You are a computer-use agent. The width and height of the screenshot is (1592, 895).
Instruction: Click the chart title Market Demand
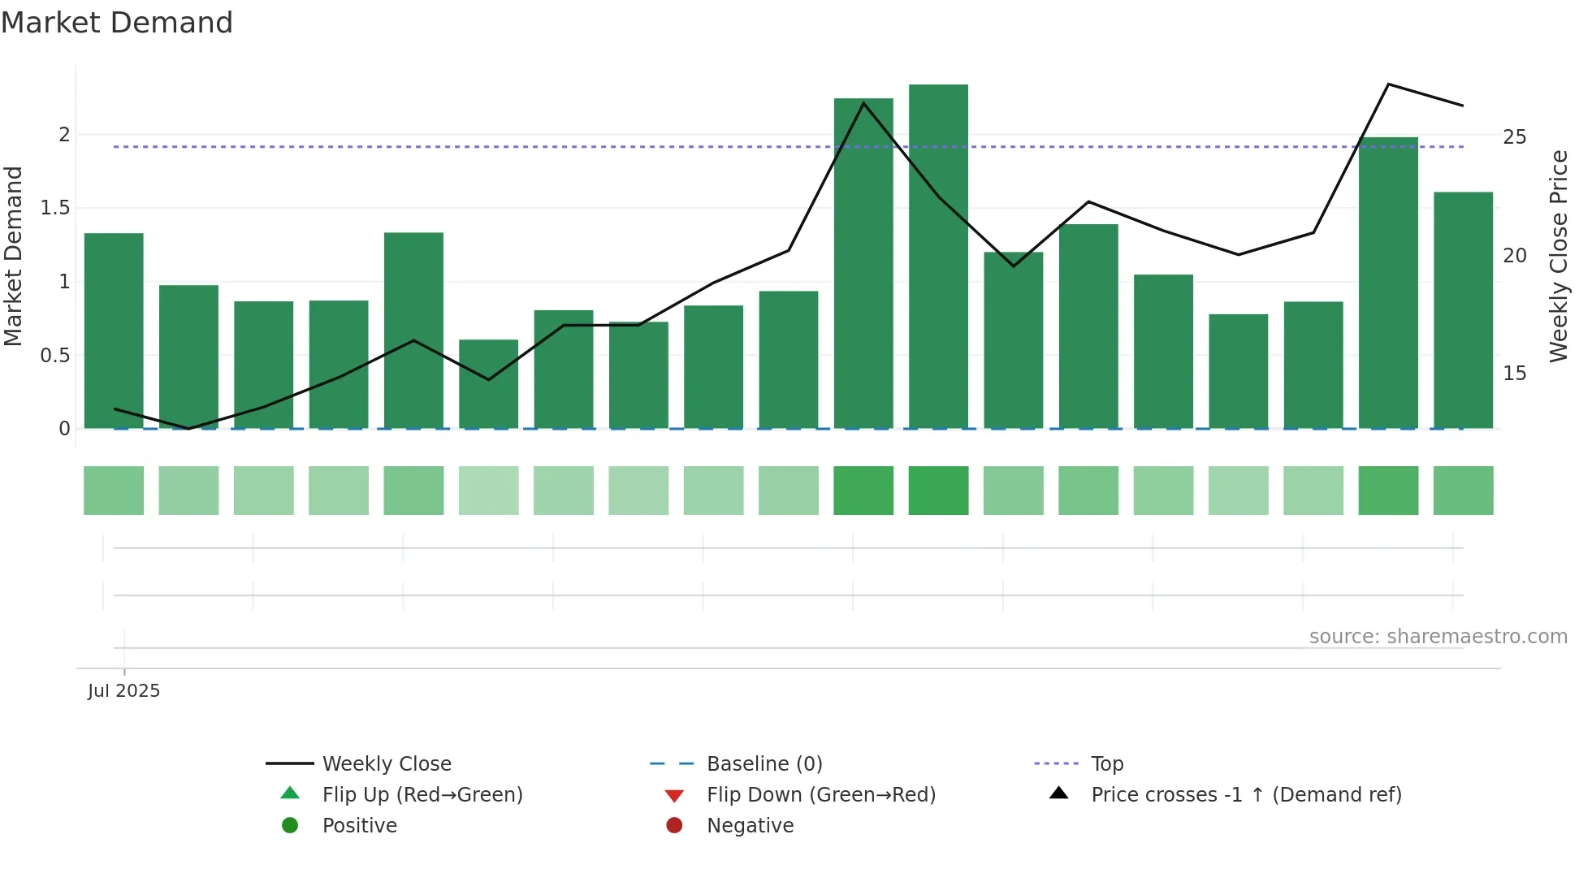[117, 23]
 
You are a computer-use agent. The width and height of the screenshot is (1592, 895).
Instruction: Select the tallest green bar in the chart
[938, 256]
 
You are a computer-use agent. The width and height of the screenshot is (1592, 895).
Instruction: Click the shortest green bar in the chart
[488, 383]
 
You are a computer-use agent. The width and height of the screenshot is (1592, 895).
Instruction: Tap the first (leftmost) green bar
[114, 331]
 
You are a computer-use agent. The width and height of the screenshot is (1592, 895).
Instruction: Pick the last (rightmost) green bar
[1463, 309]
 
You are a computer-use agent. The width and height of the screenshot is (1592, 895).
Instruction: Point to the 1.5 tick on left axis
[55, 208]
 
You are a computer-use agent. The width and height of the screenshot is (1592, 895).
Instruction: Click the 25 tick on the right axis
[1514, 137]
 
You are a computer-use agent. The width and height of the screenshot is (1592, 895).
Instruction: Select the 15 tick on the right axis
[1514, 374]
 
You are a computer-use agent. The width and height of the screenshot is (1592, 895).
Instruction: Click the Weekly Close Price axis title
[1558, 256]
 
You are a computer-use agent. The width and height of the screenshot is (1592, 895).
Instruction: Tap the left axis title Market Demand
[13, 256]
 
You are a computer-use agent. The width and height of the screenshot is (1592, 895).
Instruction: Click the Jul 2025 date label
[124, 691]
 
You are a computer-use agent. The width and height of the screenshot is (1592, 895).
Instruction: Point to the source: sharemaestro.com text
[1438, 637]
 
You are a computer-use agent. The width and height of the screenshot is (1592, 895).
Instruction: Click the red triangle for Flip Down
[674, 796]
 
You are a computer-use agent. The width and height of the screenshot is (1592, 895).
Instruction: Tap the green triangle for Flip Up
[290, 793]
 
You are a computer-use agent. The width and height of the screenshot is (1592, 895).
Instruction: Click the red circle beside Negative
[674, 826]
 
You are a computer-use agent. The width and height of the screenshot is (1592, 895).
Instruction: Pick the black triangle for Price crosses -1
[1058, 793]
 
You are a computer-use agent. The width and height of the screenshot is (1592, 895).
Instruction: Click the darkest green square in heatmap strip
[938, 491]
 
